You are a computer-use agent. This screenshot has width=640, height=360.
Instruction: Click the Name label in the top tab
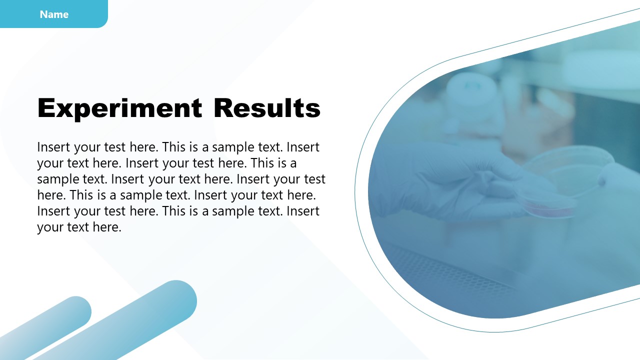[54, 14]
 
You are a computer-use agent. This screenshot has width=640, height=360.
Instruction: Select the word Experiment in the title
[119, 108]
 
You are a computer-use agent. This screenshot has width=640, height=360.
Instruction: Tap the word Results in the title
[267, 108]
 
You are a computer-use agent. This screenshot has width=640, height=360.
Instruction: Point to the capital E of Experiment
[46, 108]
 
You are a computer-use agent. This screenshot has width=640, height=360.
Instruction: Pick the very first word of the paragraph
[54, 147]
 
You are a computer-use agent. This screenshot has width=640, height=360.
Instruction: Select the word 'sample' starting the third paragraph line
[55, 179]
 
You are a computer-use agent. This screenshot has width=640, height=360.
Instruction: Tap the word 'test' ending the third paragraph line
[314, 179]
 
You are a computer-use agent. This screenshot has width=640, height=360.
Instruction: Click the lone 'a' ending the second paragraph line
[293, 163]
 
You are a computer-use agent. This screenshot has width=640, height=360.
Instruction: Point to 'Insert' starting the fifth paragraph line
[54, 211]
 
